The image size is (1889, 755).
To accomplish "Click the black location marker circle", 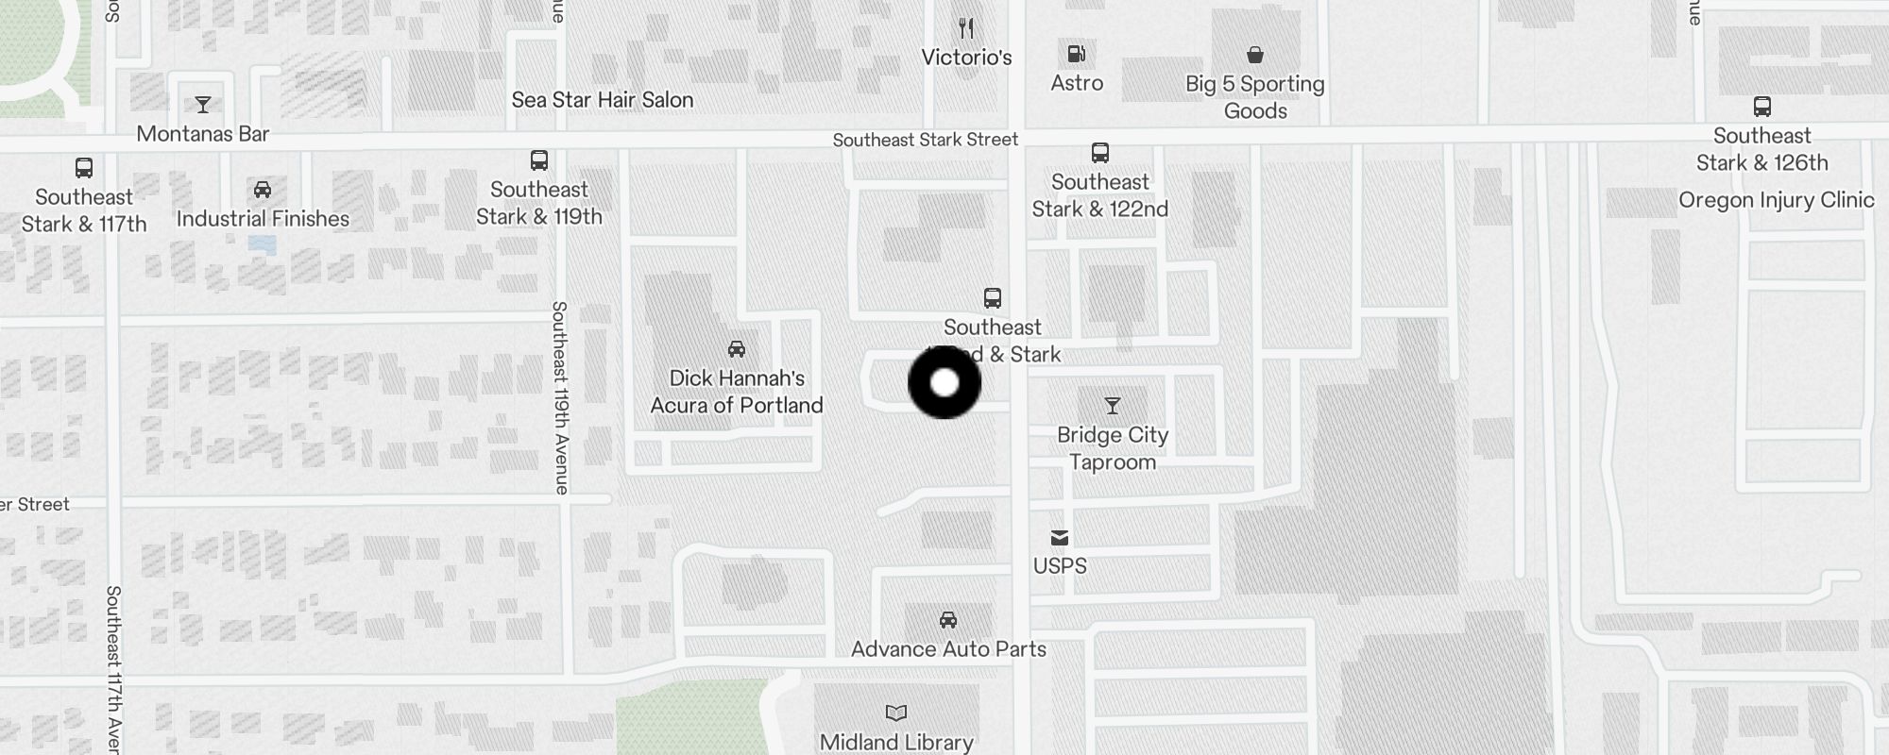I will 944,383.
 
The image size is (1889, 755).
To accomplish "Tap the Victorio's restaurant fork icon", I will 965,28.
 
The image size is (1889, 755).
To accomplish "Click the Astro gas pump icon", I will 1076,54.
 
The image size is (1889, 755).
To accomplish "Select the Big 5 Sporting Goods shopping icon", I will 1254,55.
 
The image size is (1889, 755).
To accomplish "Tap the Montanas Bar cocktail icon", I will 202,104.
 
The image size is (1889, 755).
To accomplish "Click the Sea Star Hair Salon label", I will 603,100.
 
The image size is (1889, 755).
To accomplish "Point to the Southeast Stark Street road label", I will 925,140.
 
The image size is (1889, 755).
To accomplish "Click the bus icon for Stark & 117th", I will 84,168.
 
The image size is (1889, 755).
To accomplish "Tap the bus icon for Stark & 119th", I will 539,160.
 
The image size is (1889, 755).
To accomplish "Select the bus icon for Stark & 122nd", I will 1099,153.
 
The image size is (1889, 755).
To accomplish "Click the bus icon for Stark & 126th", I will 1761,107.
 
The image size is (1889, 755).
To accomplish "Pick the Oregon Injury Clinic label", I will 1776,200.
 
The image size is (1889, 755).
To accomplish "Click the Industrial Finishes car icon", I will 263,190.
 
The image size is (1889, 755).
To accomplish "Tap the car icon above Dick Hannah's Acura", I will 737,349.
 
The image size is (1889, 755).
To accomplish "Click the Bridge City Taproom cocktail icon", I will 1113,406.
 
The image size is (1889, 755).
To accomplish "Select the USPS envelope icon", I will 1060,538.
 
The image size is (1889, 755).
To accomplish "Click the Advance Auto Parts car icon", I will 948,620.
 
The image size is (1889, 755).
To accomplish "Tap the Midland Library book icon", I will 895,713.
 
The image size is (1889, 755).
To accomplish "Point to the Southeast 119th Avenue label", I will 560,397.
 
